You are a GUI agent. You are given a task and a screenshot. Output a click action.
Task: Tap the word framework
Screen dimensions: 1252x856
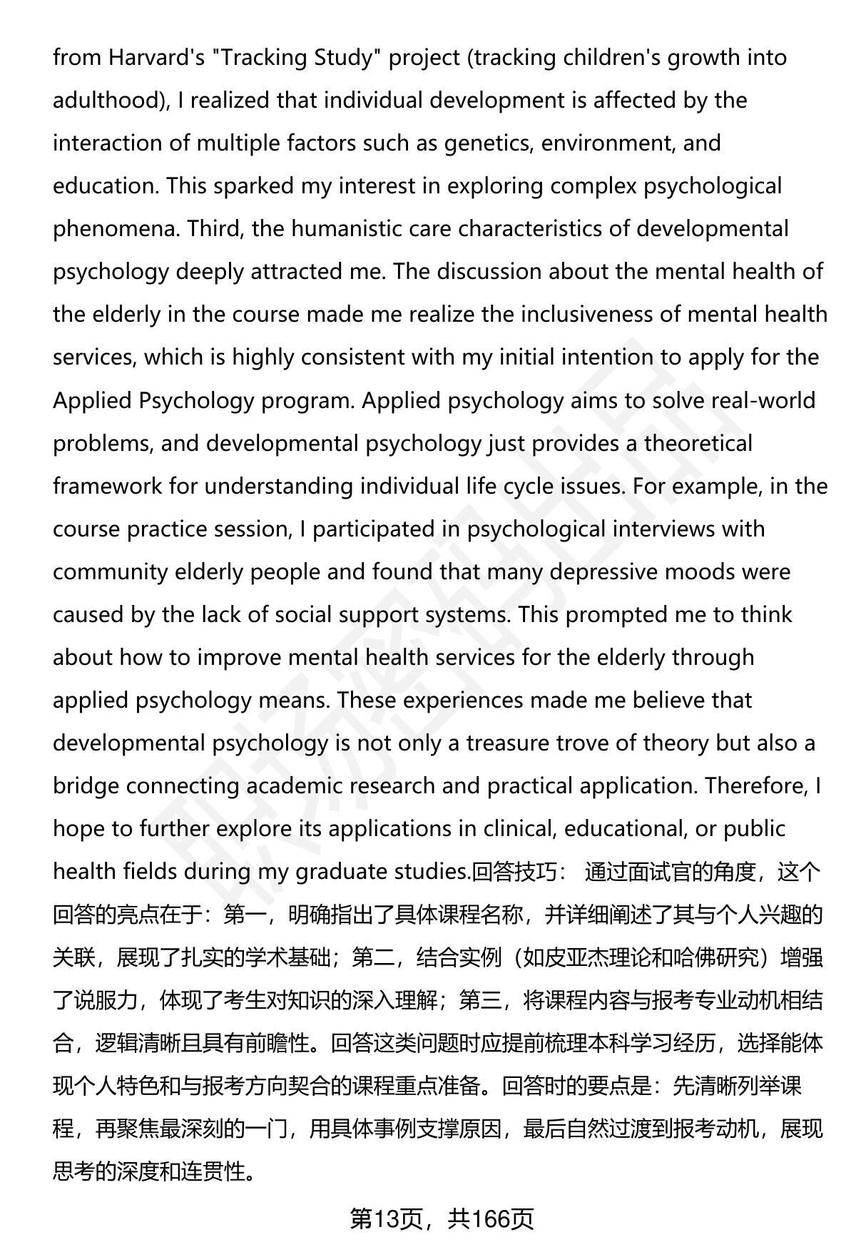point(107,486)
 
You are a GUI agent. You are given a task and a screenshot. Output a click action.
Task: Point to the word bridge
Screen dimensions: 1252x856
point(86,785)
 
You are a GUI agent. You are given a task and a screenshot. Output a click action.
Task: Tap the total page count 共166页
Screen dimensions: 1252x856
point(491,1219)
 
